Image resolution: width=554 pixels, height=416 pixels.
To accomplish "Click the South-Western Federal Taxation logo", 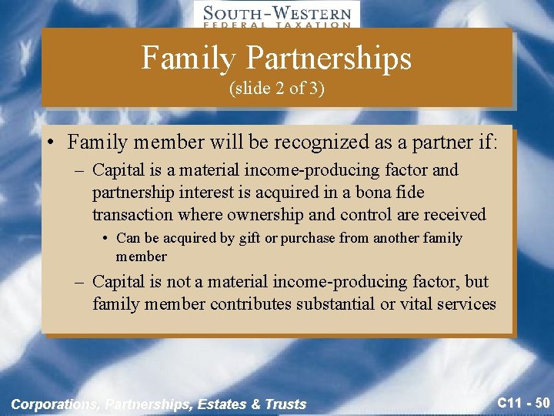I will pos(276,15).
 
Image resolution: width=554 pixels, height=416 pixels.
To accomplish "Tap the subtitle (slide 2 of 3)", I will pos(277,88).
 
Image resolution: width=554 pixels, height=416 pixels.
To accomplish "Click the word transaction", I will pos(134,214).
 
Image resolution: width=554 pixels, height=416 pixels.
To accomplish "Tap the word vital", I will pos(414,304).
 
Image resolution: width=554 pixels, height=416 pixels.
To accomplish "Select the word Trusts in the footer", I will pos(286,404).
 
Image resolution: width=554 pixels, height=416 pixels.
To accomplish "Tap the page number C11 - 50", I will pos(523,402).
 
